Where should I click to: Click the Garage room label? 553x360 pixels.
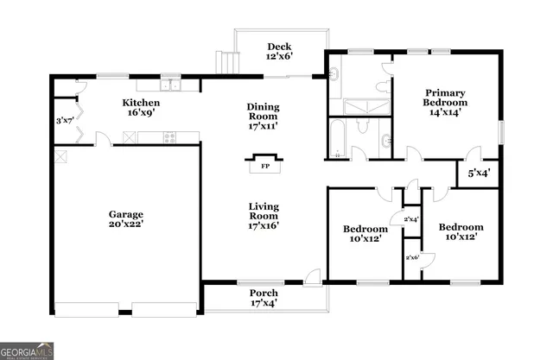point(126,219)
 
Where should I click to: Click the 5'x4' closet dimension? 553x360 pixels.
point(479,173)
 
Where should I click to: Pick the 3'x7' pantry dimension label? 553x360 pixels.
point(63,120)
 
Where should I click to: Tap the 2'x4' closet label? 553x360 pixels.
point(411,219)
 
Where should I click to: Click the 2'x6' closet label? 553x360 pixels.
point(412,257)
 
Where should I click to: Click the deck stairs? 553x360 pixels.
point(228,63)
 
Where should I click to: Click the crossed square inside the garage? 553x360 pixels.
point(60,155)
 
